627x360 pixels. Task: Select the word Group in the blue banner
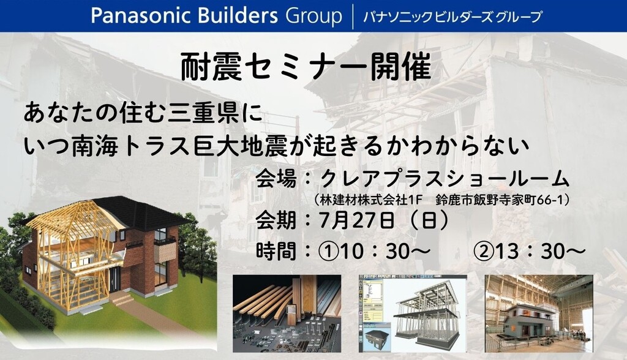point(314,17)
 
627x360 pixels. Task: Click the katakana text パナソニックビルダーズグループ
point(452,17)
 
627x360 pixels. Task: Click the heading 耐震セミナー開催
point(306,67)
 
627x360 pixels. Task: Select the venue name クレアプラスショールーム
point(445,179)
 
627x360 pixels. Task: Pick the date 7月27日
point(357,220)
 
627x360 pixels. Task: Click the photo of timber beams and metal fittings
point(287,313)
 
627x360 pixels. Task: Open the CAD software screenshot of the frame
point(412,313)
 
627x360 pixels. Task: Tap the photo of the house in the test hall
point(539,313)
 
